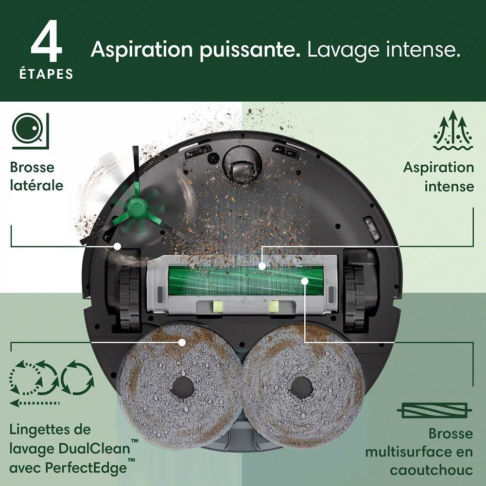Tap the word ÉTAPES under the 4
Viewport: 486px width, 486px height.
coord(46,74)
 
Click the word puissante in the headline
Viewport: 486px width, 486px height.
coord(250,50)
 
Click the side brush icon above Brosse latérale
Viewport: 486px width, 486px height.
coord(30,131)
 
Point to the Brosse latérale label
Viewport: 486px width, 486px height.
coord(36,176)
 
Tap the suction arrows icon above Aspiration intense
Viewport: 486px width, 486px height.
coord(453,130)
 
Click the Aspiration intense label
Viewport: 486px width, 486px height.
coord(438,177)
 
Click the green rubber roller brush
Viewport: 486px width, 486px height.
coord(245,281)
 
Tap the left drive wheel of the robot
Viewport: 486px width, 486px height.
coord(130,298)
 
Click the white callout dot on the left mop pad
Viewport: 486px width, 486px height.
coord(182,343)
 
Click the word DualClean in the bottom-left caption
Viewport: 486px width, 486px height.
coord(98,449)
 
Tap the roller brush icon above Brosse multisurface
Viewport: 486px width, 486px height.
coord(434,410)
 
